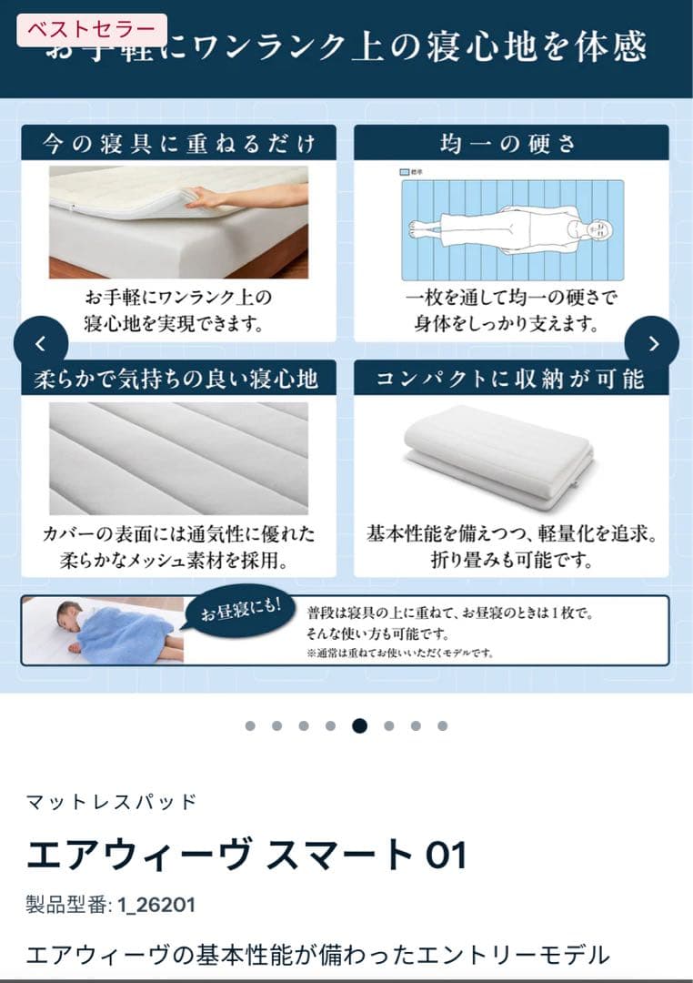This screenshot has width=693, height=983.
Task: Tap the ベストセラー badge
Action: point(92,30)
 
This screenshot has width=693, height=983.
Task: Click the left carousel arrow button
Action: point(40,343)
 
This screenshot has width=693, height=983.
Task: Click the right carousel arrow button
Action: point(652,343)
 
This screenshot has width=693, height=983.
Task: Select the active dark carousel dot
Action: point(359,725)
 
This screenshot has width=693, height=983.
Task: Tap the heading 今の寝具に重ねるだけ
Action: point(178,144)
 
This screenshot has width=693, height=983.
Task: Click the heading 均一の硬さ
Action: point(510,144)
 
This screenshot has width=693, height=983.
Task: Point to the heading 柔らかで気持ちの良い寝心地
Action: point(178,379)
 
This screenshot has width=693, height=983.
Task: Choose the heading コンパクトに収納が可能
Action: point(510,379)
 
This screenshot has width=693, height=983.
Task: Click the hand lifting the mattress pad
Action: point(205,198)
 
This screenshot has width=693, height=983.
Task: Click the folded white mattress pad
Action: point(498,456)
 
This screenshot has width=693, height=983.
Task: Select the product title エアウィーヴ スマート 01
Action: point(246,856)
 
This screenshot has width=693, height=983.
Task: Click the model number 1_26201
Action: point(156,905)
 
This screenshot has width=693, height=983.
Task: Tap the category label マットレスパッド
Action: point(111,802)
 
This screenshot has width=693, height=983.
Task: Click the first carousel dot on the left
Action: point(250,725)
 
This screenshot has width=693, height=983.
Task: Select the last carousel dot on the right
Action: point(442,725)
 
